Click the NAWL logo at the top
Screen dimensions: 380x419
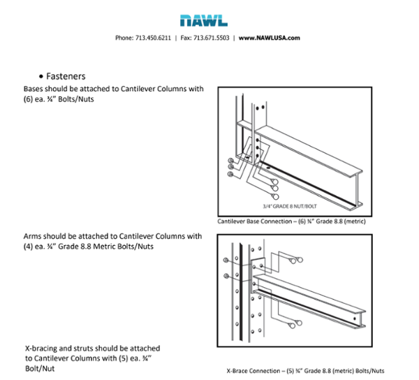click(209, 21)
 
